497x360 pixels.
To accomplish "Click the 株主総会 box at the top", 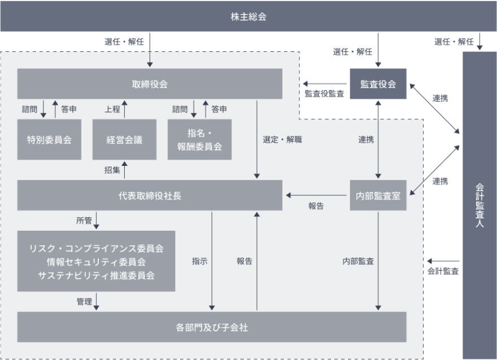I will pyautogui.click(x=249, y=16).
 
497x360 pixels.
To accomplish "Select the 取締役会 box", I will pyautogui.click(x=150, y=84).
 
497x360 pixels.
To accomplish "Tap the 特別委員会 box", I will pyautogui.click(x=49, y=139).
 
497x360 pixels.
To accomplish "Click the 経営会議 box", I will pyautogui.click(x=124, y=139).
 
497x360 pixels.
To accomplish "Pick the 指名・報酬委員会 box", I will pyautogui.click(x=199, y=139).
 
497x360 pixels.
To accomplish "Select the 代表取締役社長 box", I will pyautogui.click(x=150, y=195).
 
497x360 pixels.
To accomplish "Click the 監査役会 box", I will pyautogui.click(x=378, y=84).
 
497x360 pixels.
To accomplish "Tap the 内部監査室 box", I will pyautogui.click(x=378, y=195).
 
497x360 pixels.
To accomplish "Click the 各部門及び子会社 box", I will pyautogui.click(x=212, y=327).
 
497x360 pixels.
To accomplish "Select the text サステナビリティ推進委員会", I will pyautogui.click(x=96, y=275).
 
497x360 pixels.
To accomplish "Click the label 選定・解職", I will pyautogui.click(x=282, y=139).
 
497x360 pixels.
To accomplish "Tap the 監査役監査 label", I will pyautogui.click(x=325, y=94).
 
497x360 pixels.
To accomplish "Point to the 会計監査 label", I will pyautogui.click(x=443, y=271).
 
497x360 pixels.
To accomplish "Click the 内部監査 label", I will pyautogui.click(x=358, y=261).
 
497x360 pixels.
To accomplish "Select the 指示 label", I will pyautogui.click(x=199, y=261).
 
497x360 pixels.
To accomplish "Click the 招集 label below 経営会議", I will pyautogui.click(x=112, y=169).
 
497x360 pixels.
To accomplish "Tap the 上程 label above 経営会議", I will pyautogui.click(x=112, y=109).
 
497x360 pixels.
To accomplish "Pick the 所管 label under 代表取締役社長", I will pyautogui.click(x=84, y=221).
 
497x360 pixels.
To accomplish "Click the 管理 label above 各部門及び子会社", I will pyautogui.click(x=84, y=302).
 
